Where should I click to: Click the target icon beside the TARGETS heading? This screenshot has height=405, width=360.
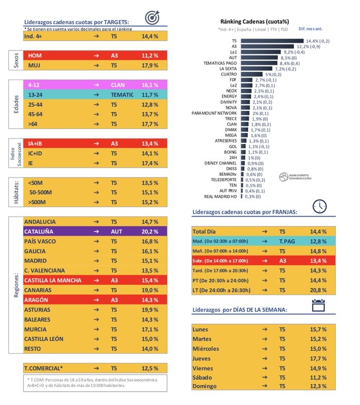152,18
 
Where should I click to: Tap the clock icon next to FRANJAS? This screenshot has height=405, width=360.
319,206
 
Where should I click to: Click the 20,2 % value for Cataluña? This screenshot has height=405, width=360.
150,231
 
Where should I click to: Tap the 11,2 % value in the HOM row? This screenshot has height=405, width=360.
150,56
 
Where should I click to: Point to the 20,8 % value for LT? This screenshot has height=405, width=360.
318,290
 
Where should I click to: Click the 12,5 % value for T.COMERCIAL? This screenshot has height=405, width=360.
150,368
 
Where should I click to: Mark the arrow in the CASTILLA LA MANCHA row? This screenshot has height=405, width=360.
96,280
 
